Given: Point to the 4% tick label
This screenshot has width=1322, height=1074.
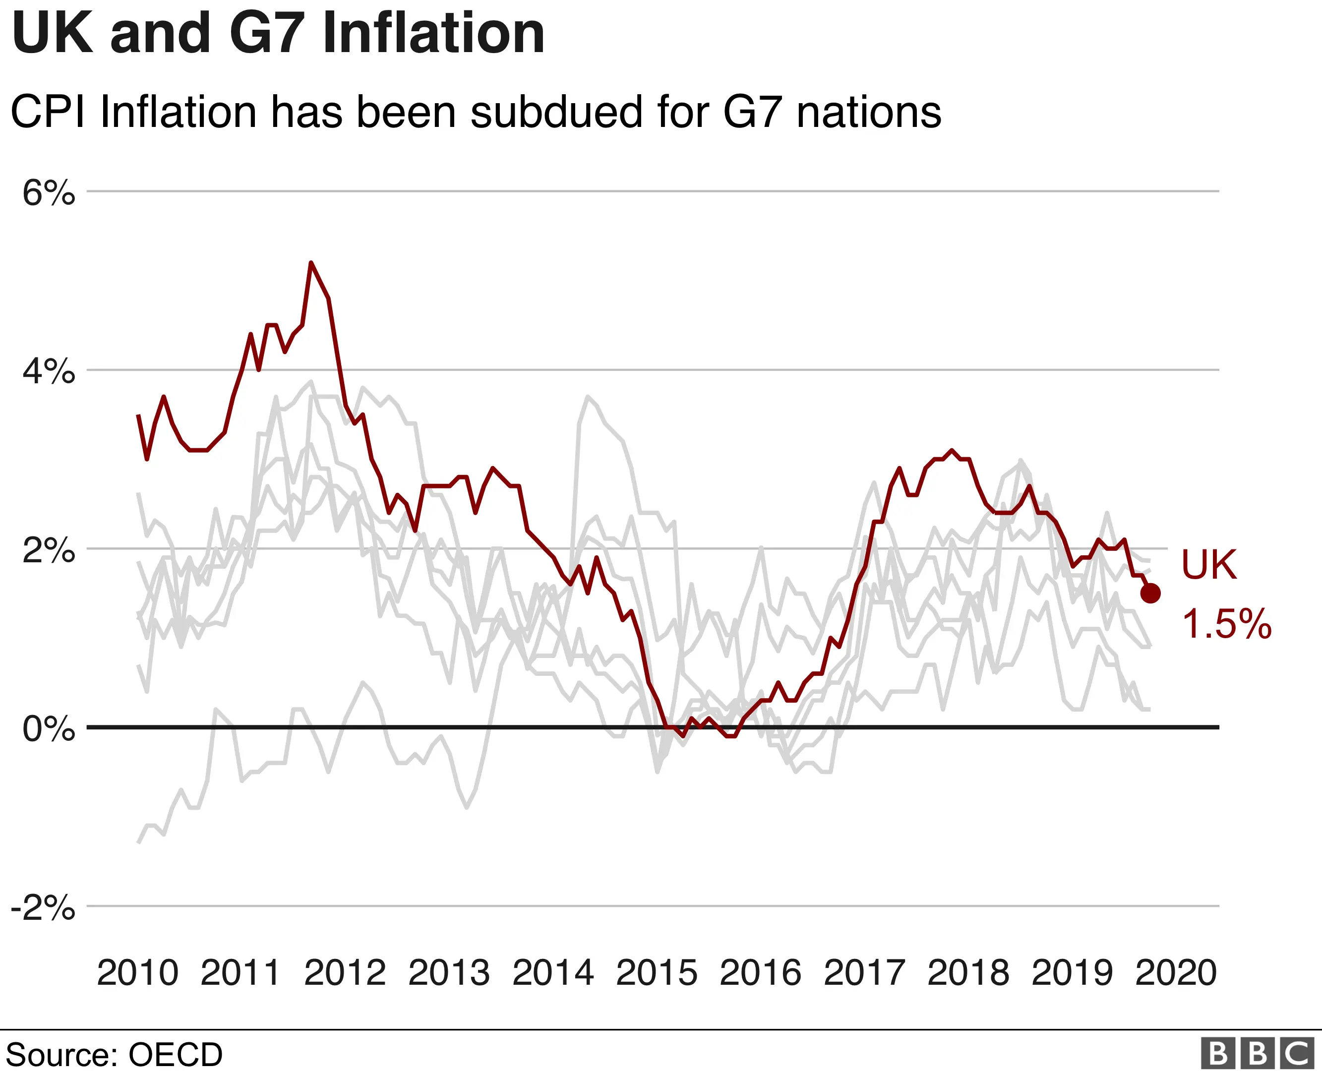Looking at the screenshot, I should point(48,372).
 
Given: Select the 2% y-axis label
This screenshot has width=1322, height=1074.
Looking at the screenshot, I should point(48,550).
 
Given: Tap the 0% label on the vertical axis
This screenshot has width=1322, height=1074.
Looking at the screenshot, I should point(48,729).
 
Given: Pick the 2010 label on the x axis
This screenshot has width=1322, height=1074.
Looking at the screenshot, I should point(137,973).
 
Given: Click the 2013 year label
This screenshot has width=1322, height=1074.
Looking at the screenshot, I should point(449,973).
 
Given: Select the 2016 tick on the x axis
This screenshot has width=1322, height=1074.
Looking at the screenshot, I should point(760,973).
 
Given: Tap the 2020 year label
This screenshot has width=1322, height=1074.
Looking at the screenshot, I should point(1175,973).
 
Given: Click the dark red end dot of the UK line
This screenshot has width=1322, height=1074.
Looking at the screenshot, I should point(1150,594).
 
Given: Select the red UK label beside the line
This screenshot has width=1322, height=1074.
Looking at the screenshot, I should point(1209,565).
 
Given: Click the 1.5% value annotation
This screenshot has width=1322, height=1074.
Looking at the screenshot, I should point(1226,624).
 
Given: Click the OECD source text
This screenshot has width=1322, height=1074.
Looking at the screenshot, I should point(175,1055).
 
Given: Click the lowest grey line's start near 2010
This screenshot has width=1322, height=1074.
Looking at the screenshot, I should point(138,841).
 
